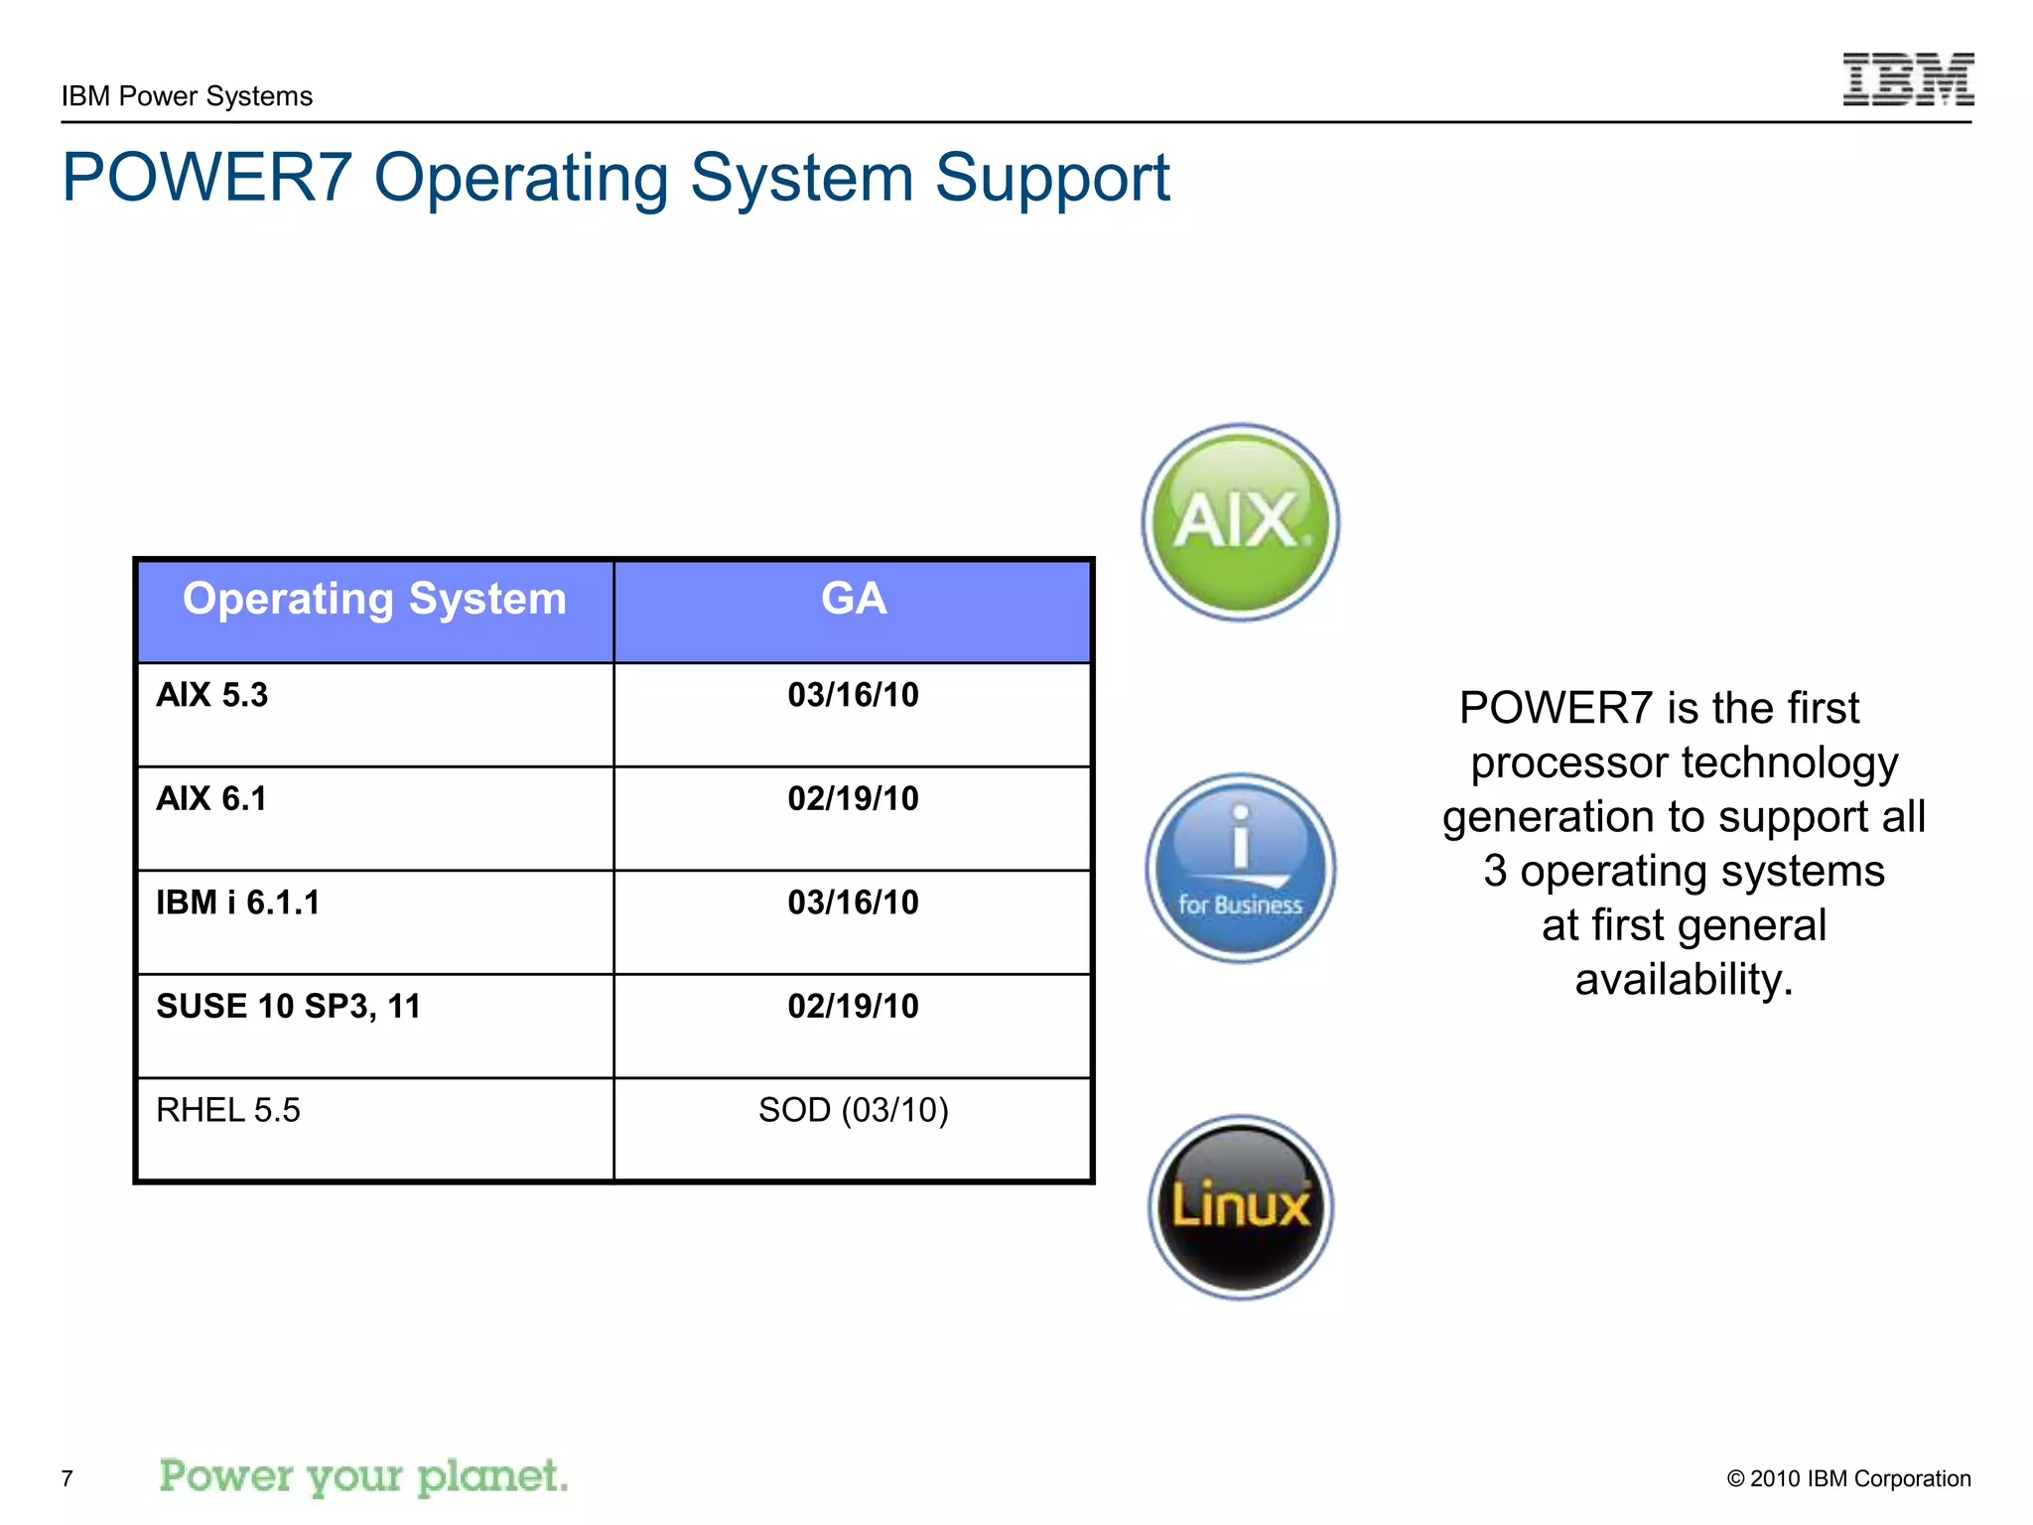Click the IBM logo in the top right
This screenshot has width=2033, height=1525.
point(1907,79)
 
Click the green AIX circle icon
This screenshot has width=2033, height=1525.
point(1240,522)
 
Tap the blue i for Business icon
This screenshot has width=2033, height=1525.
point(1240,868)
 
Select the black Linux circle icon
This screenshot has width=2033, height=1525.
point(1240,1206)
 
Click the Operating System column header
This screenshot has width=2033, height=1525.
point(374,600)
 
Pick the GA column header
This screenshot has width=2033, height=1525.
point(853,600)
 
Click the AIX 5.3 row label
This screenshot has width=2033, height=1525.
point(212,695)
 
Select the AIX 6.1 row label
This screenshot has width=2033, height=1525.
point(211,799)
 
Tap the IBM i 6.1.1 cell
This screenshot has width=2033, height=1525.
point(238,902)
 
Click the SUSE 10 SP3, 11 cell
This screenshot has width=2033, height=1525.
point(289,1007)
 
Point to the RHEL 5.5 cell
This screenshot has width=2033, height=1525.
point(228,1110)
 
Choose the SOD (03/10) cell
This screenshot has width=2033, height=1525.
point(853,1110)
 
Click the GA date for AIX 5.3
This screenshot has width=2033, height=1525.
point(853,695)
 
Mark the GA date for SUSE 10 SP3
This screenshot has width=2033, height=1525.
point(853,1007)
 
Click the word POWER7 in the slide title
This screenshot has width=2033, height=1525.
point(206,179)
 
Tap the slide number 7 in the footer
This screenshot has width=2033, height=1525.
point(68,1478)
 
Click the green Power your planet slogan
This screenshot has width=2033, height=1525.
point(363,1476)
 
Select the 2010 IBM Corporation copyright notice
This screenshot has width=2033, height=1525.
point(1848,1478)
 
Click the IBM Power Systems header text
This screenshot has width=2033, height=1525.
point(187,96)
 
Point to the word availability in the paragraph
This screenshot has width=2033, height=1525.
point(1684,980)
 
